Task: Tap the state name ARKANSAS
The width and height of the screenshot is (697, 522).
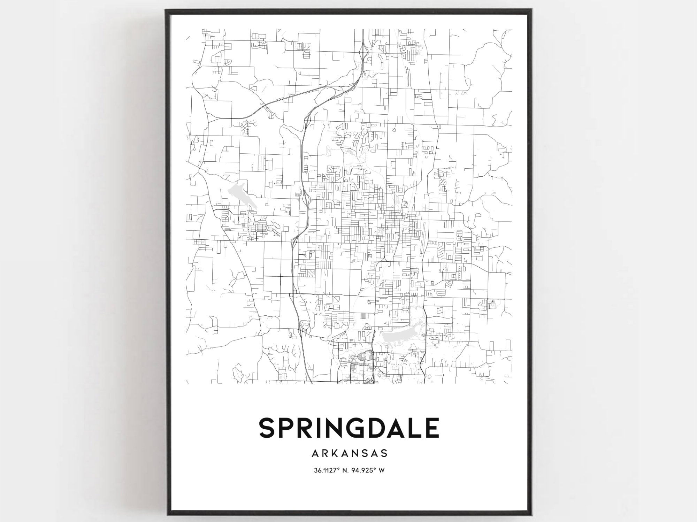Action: pos(350,453)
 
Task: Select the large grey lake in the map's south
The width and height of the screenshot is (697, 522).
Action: pos(401,336)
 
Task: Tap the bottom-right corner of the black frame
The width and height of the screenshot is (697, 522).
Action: pos(530,515)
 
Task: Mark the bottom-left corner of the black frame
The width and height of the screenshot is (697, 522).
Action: pos(167,515)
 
